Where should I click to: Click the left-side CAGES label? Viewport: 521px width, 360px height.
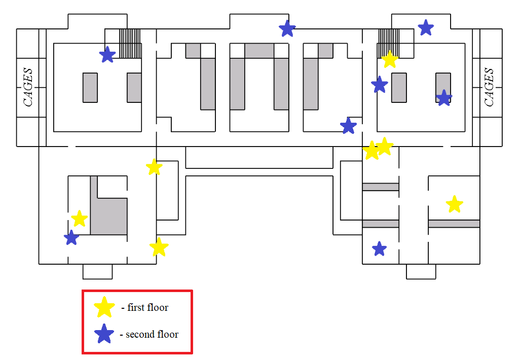28,87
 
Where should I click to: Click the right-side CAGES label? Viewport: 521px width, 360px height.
489,87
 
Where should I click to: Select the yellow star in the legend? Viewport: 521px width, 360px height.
104,307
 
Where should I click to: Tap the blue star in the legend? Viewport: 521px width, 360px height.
104,334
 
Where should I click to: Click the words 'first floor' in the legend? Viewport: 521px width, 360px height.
147,307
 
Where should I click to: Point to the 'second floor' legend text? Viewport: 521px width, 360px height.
152,334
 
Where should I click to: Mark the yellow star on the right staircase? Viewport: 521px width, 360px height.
390,59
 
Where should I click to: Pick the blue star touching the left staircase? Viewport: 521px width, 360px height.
107,55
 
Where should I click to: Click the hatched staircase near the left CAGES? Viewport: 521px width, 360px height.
130,44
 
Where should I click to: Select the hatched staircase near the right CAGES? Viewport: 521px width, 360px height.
388,44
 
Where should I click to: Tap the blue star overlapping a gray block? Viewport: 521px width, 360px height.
444,98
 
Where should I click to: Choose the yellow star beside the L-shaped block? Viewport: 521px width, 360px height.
80,219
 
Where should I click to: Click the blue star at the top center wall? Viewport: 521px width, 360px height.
287,28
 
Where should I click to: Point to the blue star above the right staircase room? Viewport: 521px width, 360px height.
426,27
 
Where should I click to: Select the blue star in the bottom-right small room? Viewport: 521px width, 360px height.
380,248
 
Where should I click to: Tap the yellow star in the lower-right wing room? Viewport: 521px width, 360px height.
454,204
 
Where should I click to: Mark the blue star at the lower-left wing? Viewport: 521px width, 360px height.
71,238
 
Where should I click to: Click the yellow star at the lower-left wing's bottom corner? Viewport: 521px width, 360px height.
159,247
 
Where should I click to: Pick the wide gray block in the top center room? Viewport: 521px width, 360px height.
259,51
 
